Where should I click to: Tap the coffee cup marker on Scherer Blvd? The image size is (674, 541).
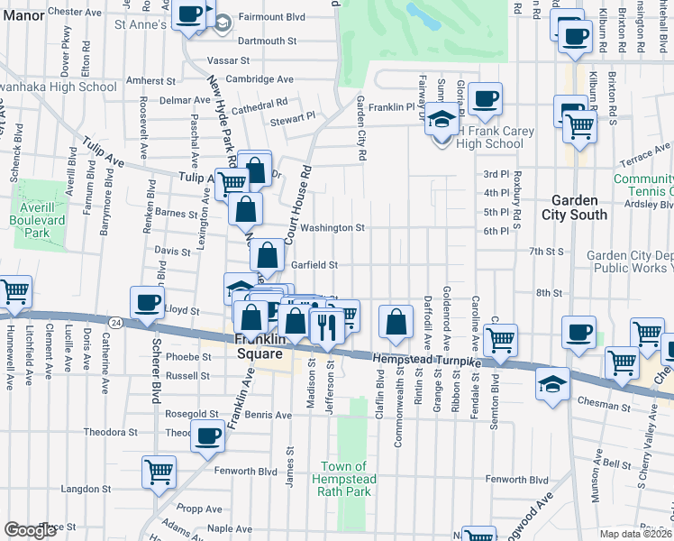click(147, 303)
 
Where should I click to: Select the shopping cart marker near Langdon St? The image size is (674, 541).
click(159, 471)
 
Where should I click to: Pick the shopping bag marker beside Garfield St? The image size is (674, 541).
click(268, 254)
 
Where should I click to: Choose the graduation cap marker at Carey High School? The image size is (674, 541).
click(442, 120)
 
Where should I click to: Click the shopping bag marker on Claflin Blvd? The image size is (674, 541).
click(396, 319)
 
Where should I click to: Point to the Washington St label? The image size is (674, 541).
click(332, 228)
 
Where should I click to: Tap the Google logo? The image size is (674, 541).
click(30, 530)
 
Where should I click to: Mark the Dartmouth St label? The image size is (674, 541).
click(267, 41)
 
